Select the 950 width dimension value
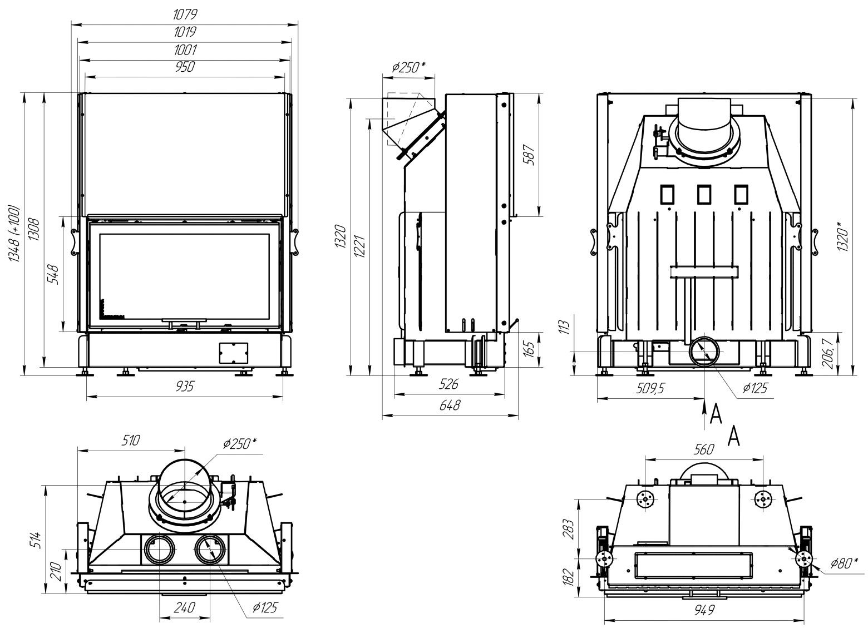[185, 67]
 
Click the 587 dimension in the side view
[529, 157]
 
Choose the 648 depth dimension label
[450, 405]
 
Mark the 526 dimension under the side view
[448, 384]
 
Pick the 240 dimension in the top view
[184, 607]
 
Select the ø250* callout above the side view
[408, 67]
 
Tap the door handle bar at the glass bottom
[184, 321]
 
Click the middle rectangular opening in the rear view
[703, 194]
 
